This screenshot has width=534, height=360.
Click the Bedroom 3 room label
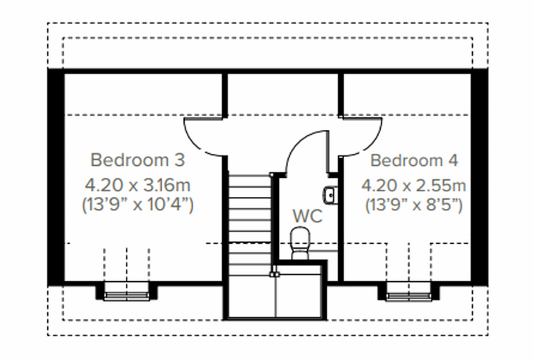pyautogui.click(x=138, y=160)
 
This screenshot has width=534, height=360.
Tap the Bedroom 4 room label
pyautogui.click(x=414, y=160)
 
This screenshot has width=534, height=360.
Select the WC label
pyautogui.click(x=307, y=216)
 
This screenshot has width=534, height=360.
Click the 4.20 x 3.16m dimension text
pyautogui.click(x=138, y=186)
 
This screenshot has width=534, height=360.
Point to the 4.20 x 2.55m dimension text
pyautogui.click(x=413, y=186)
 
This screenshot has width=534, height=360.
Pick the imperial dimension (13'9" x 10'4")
pyautogui.click(x=138, y=205)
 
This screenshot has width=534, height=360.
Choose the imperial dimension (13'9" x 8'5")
pyautogui.click(x=414, y=205)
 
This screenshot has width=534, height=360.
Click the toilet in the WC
pyautogui.click(x=300, y=243)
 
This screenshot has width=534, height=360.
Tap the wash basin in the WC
pyautogui.click(x=330, y=195)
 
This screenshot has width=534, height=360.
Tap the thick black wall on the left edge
pyautogui.click(x=56, y=177)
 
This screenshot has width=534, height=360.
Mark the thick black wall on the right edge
pyautogui.click(x=479, y=177)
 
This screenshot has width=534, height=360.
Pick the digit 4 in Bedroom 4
pyautogui.click(x=452, y=160)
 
